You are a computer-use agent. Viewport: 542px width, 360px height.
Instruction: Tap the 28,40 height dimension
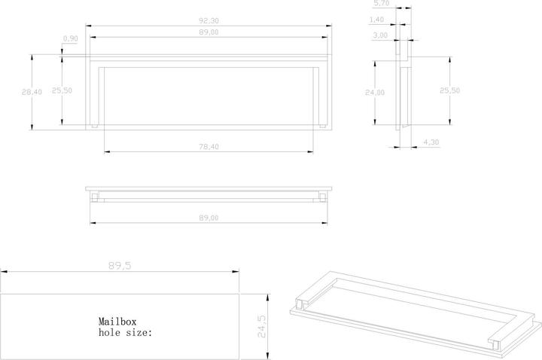pyautogui.click(x=31, y=92)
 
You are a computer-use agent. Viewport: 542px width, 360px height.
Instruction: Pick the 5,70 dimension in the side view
pyautogui.click(x=380, y=5)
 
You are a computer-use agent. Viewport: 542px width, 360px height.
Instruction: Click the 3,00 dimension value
pyautogui.click(x=380, y=35)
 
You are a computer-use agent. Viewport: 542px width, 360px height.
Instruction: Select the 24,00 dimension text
pyautogui.click(x=375, y=93)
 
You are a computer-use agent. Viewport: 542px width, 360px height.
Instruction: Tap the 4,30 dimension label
pyautogui.click(x=431, y=142)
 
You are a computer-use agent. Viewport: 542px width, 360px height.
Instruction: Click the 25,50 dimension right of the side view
pyautogui.click(x=449, y=90)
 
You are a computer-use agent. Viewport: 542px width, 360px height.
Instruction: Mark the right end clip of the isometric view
pyautogui.click(x=496, y=341)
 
